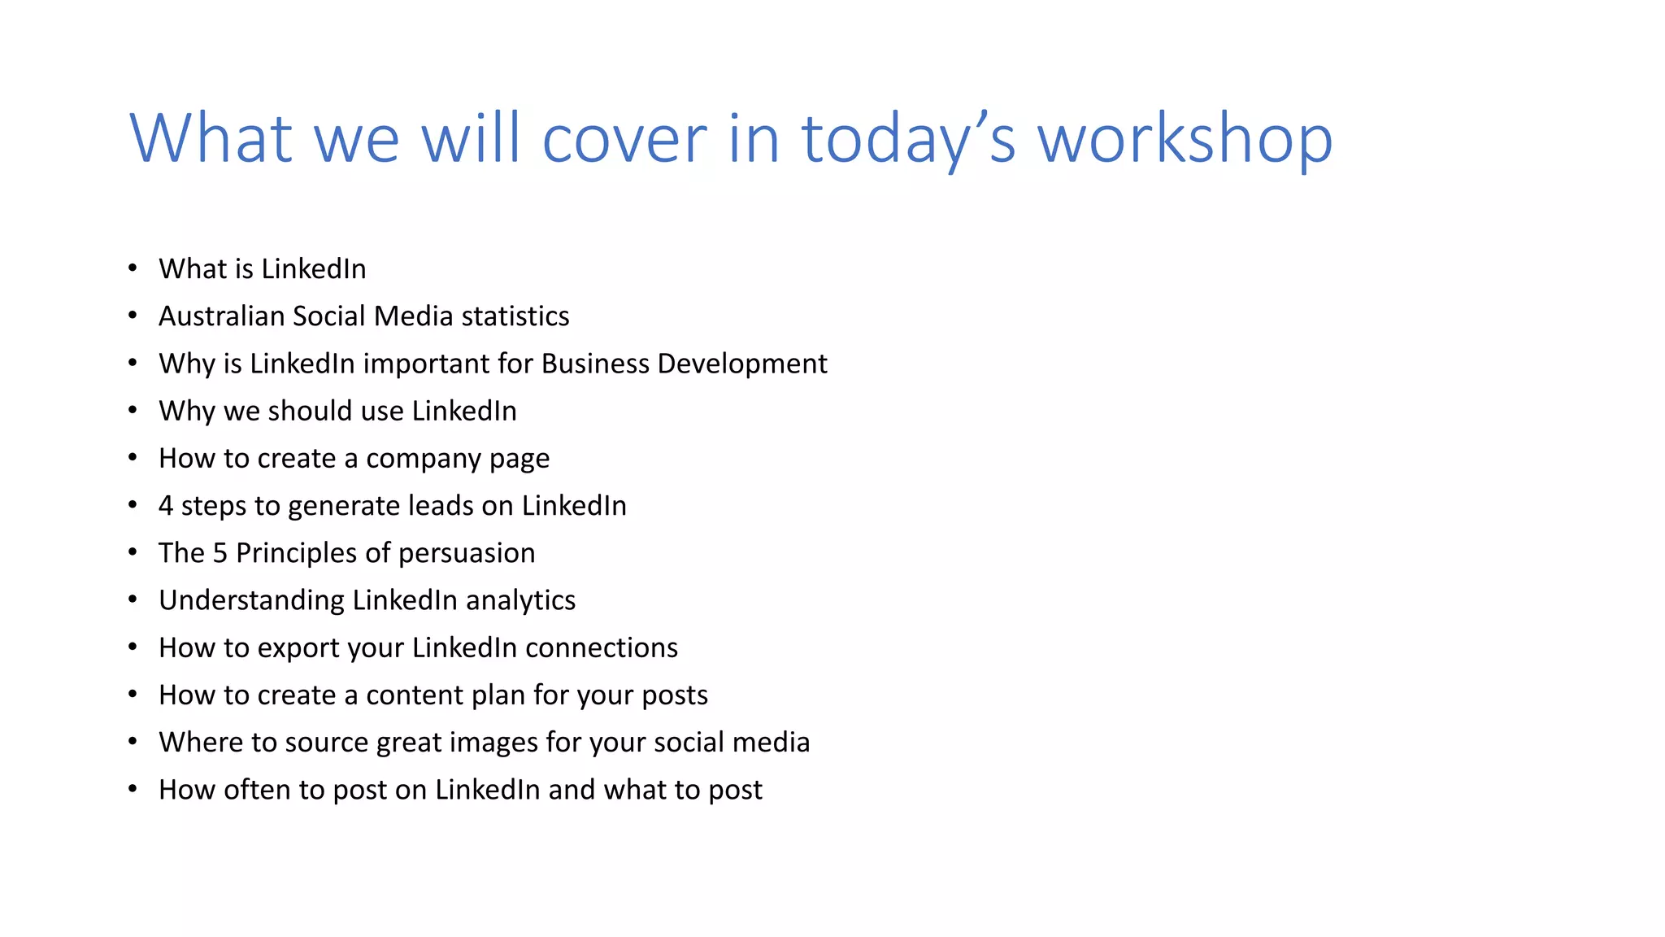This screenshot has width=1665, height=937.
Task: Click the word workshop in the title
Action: (x=1185, y=138)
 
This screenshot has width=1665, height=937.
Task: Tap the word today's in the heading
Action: (x=908, y=138)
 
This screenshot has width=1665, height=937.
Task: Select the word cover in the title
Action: (x=624, y=138)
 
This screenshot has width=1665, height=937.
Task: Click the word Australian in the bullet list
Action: (x=221, y=316)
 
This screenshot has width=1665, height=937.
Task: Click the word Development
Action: (x=741, y=364)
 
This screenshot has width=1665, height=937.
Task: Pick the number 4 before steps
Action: (x=166, y=506)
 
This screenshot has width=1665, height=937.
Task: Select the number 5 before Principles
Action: (x=220, y=553)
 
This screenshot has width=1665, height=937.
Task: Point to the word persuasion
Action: (x=467, y=553)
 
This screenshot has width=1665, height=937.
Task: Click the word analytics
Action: (x=520, y=600)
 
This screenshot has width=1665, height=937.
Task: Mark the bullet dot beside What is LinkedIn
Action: (x=133, y=268)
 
